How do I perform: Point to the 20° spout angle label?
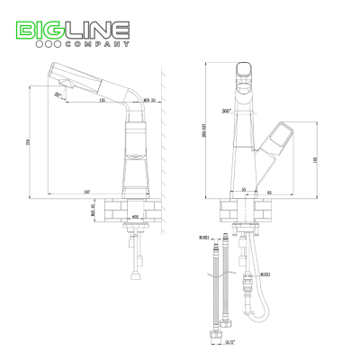[x=58, y=94]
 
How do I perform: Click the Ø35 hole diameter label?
[x=137, y=217]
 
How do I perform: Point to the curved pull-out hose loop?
[x=261, y=311]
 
